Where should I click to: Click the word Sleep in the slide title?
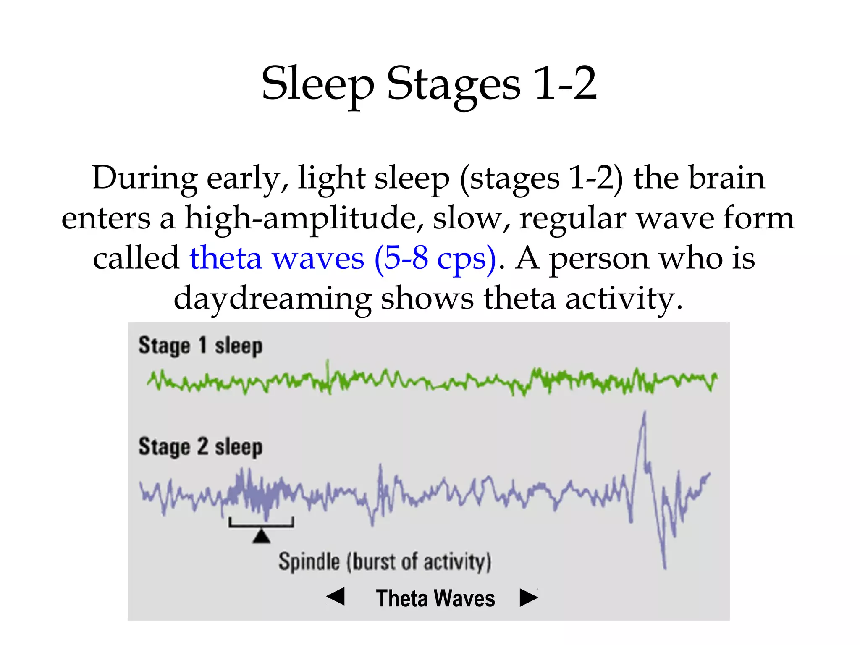(317, 84)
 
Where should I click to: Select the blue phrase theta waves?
(276, 258)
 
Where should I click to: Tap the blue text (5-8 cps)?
(435, 258)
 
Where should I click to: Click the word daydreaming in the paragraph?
(272, 298)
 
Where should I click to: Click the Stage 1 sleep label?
(200, 346)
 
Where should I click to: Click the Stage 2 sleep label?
(200, 447)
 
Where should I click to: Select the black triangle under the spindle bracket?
(261, 537)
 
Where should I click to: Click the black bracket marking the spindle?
(261, 525)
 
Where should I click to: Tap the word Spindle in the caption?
(309, 562)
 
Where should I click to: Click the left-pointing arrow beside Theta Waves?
(336, 597)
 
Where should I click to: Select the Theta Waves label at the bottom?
(435, 598)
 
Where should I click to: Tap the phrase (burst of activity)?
(419, 562)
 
